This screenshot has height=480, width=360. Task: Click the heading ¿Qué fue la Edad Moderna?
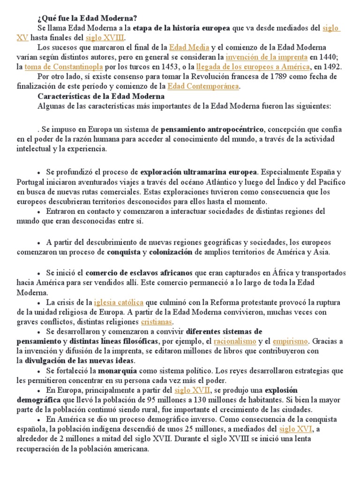87,18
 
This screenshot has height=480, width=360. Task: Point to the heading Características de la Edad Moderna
101,96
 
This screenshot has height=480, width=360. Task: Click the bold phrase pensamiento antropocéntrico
212,129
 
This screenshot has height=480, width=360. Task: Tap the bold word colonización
171,252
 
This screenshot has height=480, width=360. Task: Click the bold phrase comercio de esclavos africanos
139,273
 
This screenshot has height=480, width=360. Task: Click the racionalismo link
235,341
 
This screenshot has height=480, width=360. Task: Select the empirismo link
291,341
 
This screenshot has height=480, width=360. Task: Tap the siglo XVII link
191,390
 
